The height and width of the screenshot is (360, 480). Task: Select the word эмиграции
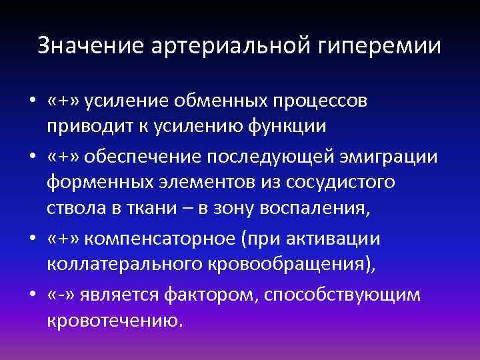tap(390, 157)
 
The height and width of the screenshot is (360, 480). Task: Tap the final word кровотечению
tap(113, 319)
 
